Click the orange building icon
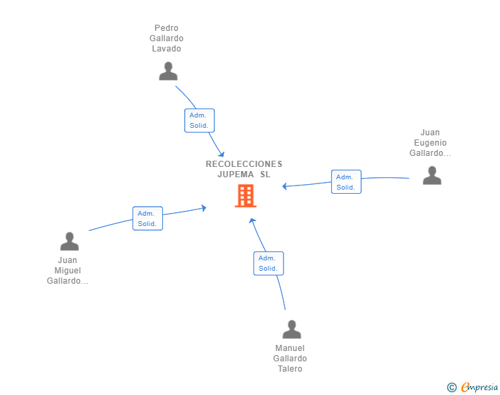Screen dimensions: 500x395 tap(246, 196)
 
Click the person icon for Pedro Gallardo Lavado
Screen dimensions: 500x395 tap(168, 71)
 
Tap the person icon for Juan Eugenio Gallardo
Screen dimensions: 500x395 tap(432, 175)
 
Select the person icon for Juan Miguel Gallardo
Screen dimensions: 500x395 tap(69, 241)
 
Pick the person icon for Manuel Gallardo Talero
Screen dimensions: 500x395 tap(291, 329)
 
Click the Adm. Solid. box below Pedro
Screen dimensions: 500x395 tap(199, 120)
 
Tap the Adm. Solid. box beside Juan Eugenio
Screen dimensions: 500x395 tap(346, 181)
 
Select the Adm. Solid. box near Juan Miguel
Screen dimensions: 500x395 tap(148, 218)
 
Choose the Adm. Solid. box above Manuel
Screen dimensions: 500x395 tap(269, 263)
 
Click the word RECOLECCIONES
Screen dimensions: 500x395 tap(244, 164)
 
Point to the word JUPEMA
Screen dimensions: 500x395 tap(236, 174)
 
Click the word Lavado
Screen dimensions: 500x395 tap(166, 49)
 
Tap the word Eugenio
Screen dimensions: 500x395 tap(430, 143)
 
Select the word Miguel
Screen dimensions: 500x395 tap(67, 271)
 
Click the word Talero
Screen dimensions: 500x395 tap(290, 368)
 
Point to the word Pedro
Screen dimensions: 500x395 tap(166, 28)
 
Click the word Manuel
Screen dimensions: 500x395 tap(290, 348)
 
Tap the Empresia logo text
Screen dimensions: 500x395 tap(479, 387)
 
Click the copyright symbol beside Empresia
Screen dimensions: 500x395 tap(452, 387)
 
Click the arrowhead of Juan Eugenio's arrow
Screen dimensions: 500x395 tap(284, 186)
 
